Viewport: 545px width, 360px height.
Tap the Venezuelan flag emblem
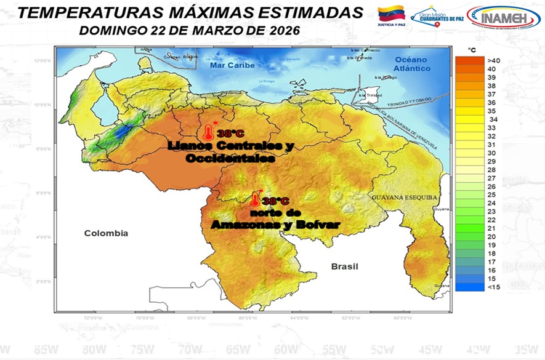390,14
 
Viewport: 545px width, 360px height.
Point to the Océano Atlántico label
412,63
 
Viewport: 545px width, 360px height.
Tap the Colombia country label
106,233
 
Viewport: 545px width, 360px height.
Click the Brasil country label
344,266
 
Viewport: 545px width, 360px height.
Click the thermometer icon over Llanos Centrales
209,132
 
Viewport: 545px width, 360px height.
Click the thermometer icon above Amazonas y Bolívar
255,199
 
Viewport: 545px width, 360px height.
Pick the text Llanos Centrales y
230,146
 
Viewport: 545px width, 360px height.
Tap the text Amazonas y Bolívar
275,225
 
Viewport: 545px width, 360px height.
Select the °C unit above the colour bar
471,49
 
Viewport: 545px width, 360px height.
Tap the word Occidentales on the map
230,158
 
